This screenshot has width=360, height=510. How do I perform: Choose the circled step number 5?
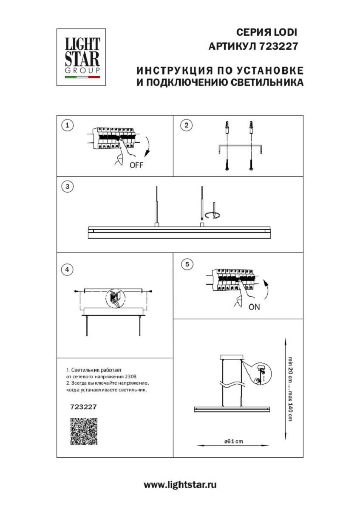186,264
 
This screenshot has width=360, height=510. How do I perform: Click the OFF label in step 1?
136,166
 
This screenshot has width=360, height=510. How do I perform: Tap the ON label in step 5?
254,307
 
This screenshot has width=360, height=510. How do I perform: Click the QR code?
84,431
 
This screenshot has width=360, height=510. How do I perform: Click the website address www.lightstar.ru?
180,485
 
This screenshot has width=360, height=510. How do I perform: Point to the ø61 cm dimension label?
234,441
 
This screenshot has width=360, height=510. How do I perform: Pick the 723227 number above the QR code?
83,406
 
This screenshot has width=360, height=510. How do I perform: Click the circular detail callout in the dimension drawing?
259,373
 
